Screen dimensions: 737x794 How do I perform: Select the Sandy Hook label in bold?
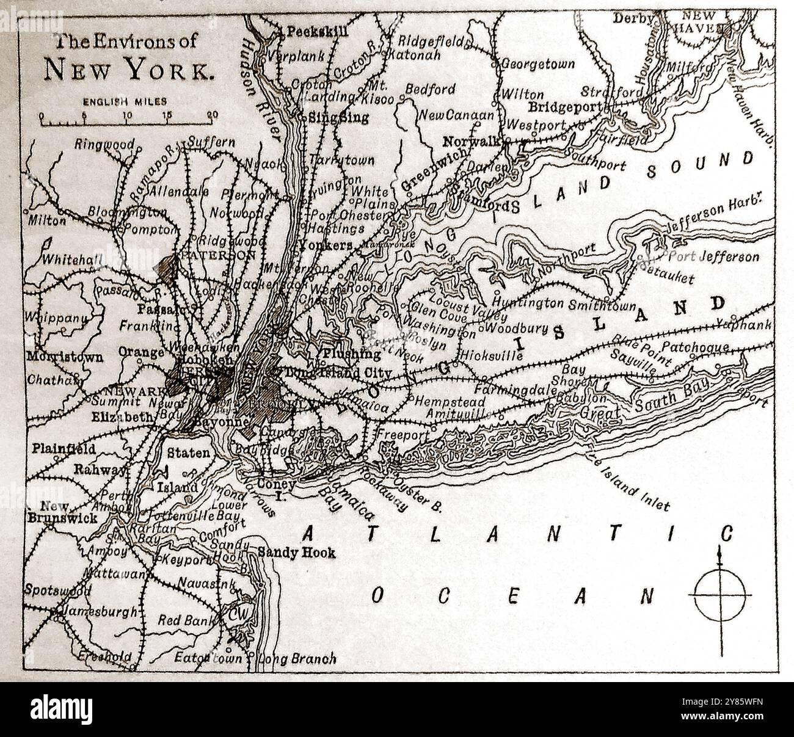(x=297, y=553)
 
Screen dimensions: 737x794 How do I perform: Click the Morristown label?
(x=64, y=358)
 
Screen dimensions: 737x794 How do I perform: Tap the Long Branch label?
(x=297, y=659)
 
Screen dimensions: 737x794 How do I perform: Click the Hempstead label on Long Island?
(x=450, y=402)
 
